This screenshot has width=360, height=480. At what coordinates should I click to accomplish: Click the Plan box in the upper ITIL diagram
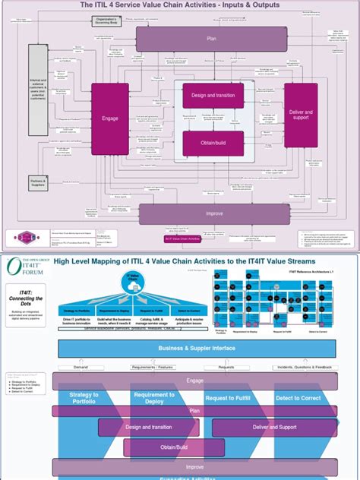coord(212,39)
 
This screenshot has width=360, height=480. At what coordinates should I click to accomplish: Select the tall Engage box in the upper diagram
coord(110,118)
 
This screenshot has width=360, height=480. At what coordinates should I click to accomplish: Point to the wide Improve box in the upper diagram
coord(215,214)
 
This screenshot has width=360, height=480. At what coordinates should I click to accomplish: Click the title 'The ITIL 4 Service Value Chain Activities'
coord(180,5)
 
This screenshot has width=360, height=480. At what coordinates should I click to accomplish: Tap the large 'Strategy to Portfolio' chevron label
coord(84,399)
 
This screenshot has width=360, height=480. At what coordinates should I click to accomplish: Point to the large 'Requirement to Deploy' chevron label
coord(155,399)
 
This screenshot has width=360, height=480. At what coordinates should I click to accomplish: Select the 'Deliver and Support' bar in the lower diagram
coord(274,428)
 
